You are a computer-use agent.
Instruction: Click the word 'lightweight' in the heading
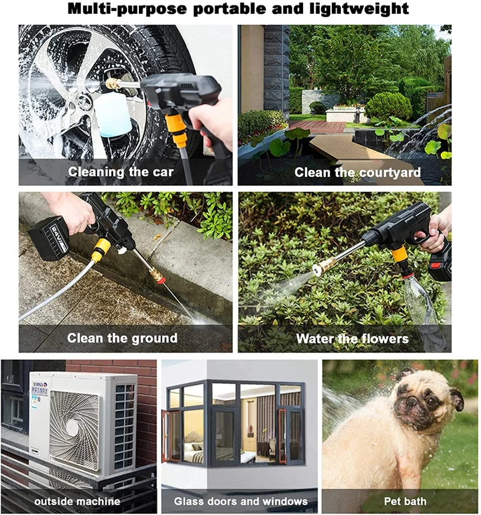[x=359, y=9]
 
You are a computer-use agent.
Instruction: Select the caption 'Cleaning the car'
[x=120, y=172]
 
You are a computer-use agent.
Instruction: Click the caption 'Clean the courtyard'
[x=357, y=172]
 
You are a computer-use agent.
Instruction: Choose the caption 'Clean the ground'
[x=122, y=338]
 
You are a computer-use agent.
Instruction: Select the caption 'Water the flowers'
[x=352, y=339]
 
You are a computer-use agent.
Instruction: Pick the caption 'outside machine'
[x=77, y=501]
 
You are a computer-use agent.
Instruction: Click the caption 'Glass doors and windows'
[x=240, y=501]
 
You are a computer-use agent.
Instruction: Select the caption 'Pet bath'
[x=405, y=501]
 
